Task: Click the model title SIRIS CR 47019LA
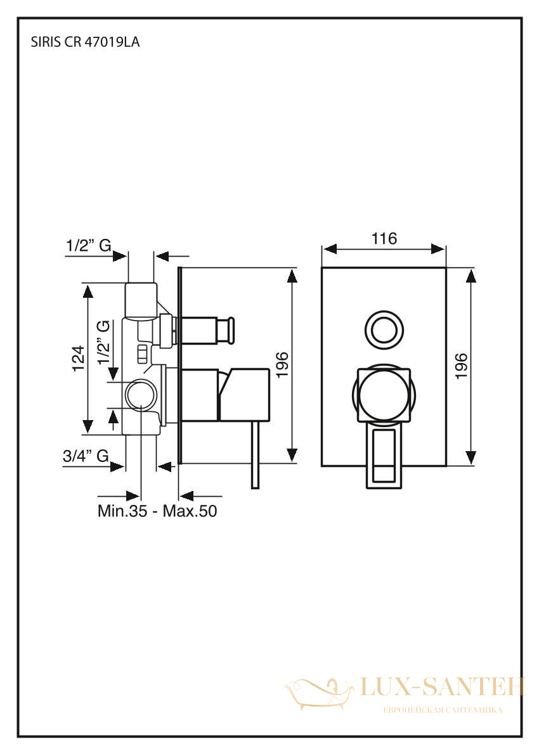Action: tap(85, 42)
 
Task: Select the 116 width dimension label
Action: tap(384, 238)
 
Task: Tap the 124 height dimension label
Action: tap(79, 358)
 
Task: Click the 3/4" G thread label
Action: tap(86, 456)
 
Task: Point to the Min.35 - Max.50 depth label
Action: tap(157, 511)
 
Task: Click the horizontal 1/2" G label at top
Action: tap(89, 246)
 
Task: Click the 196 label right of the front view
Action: tap(460, 366)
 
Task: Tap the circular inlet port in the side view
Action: tap(141, 395)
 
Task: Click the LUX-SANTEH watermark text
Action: tap(442, 686)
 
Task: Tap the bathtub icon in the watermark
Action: tap(318, 693)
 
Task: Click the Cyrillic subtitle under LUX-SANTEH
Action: tap(442, 710)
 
